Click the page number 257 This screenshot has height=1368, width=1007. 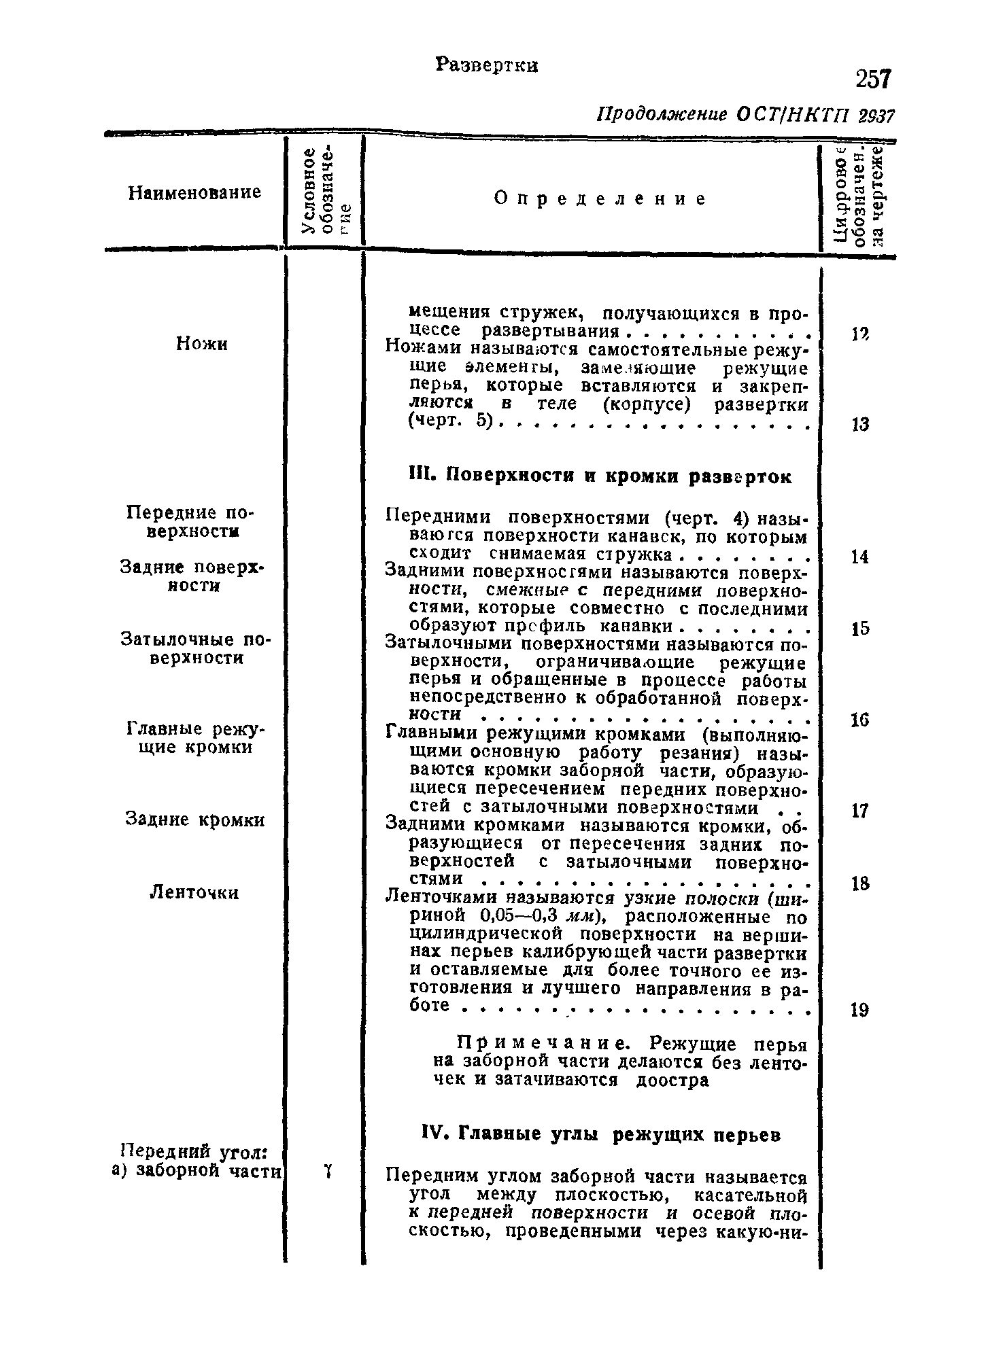(x=872, y=80)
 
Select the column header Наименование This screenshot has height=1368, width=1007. (x=194, y=193)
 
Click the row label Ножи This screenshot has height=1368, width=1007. (x=202, y=345)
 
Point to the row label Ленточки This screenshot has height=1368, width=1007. (x=194, y=892)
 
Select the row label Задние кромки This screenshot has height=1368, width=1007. (x=195, y=820)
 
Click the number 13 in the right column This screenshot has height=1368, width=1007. (x=859, y=425)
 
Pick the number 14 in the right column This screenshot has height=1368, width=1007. (x=859, y=557)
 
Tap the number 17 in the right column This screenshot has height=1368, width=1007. (x=859, y=811)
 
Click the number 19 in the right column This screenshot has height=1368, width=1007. (x=859, y=1011)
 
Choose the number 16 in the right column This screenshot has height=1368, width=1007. (x=859, y=720)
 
